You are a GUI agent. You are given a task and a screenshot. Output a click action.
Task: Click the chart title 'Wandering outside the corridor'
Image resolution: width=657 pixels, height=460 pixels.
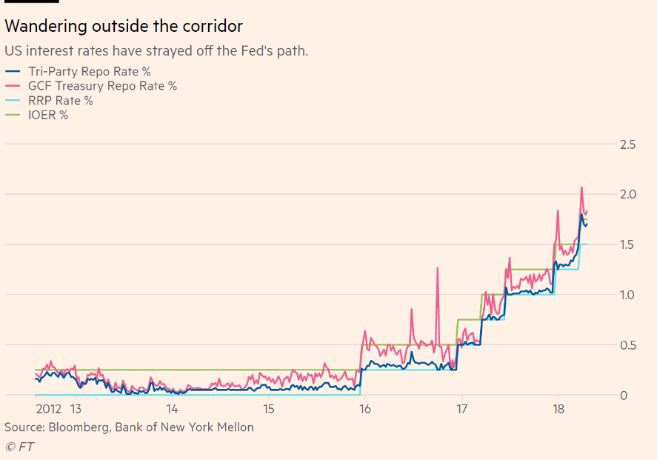pos(124,27)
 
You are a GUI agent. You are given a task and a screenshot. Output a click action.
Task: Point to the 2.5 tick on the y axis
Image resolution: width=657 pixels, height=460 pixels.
pos(627,144)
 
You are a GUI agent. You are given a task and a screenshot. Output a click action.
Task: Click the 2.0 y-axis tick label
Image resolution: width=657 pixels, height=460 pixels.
pos(627,194)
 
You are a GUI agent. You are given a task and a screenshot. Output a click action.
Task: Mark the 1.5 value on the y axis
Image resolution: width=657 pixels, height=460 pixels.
pos(627,244)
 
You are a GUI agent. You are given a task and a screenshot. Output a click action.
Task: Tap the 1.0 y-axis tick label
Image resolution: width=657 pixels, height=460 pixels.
pos(627,295)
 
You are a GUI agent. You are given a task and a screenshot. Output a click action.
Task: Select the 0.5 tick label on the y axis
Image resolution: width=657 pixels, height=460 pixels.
pos(627,345)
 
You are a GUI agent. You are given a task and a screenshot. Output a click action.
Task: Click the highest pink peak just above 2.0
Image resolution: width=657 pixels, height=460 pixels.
pos(581,188)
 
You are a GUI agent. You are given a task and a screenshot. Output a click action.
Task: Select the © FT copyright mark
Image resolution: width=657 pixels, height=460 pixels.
pos(19,446)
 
